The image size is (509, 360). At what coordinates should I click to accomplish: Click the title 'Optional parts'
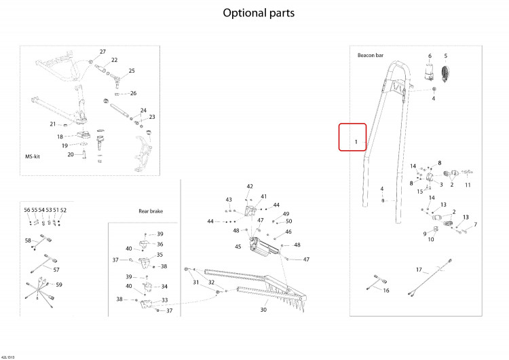[x=259, y=13]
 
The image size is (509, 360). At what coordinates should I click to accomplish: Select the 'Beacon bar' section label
[x=371, y=55]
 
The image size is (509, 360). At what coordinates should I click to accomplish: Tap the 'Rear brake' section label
[x=151, y=211]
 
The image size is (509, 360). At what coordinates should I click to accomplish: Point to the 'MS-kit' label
[x=33, y=157]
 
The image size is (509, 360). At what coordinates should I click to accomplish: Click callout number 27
[x=102, y=52]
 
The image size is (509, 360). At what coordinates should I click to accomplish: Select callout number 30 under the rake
[x=263, y=310]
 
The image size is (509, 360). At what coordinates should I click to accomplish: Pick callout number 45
[x=238, y=247]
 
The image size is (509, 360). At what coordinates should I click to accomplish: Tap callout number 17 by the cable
[x=419, y=270]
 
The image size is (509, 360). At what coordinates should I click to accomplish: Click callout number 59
[x=59, y=285]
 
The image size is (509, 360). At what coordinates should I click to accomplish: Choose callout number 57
[x=56, y=270]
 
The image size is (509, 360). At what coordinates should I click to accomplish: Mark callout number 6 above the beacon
[x=430, y=56]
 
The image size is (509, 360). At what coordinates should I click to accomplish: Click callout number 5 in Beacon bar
[x=446, y=56]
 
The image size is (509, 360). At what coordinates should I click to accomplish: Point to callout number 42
[x=250, y=186]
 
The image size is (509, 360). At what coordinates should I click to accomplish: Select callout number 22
[x=114, y=60]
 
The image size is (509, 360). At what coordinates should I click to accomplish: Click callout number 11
[x=468, y=185]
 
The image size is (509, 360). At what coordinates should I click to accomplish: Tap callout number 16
[x=386, y=291]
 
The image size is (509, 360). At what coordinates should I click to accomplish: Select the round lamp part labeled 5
[x=445, y=74]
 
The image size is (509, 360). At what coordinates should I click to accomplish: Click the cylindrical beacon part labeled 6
[x=430, y=71]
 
